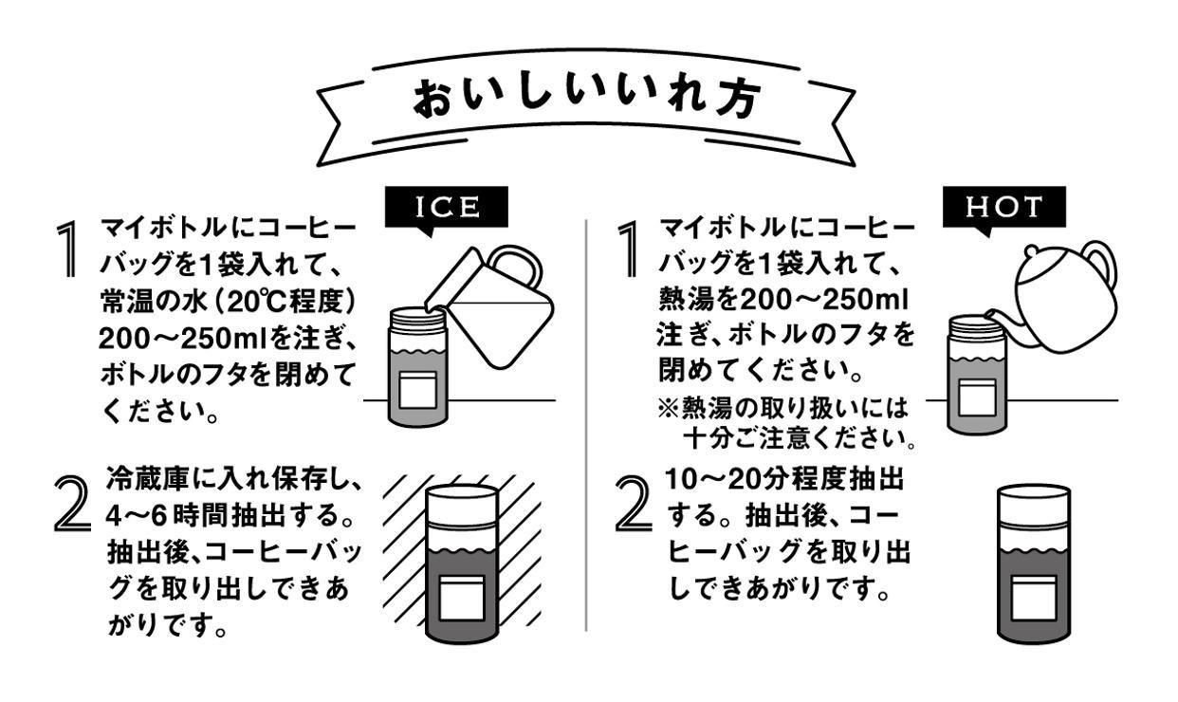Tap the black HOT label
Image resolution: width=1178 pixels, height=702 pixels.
[x=1004, y=208]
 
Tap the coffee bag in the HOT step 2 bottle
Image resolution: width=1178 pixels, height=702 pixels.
[x=1035, y=596]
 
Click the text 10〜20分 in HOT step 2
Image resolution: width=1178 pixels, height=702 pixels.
[x=727, y=481]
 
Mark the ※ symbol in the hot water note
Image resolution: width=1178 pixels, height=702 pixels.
[x=667, y=407]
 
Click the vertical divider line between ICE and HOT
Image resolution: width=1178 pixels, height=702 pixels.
[x=586, y=427]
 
